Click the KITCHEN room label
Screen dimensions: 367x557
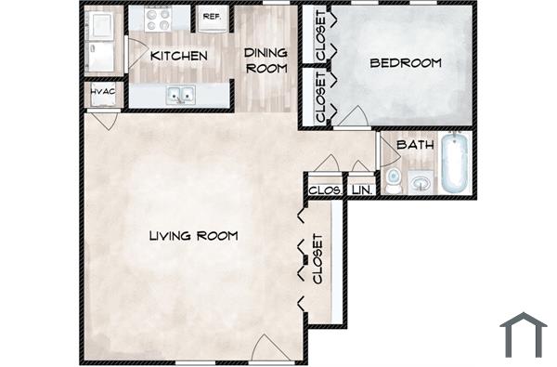pos(178,56)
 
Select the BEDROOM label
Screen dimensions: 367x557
pos(405,63)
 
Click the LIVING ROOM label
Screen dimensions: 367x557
pos(193,236)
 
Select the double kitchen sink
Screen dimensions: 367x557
pos(180,94)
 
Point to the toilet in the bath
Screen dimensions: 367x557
pos(394,180)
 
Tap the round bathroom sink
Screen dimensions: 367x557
pos(421,183)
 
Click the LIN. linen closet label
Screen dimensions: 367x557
pos(361,190)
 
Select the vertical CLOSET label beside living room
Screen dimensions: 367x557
pos(317,259)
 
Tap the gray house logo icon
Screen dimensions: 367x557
pos(523,334)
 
